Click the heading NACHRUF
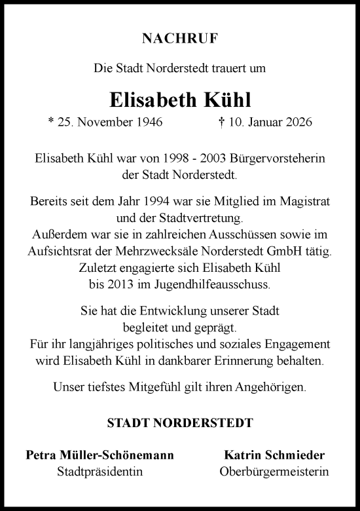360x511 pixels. pos(180,39)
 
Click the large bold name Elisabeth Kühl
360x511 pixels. pos(180,99)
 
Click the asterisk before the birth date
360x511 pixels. pos(52,122)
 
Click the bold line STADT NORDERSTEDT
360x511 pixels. pos(180,423)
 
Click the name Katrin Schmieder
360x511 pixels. pos(274,455)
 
